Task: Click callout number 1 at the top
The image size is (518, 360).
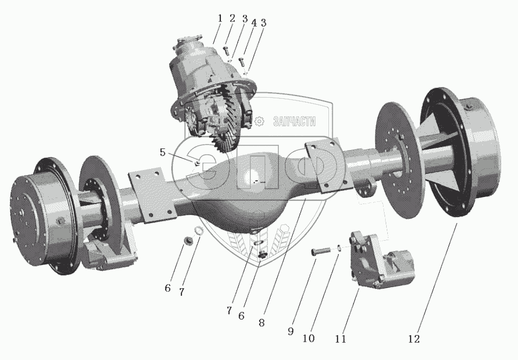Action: (220, 18)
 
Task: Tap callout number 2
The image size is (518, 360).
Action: (232, 18)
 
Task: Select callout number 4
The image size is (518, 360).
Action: (253, 23)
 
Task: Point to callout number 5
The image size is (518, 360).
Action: (163, 152)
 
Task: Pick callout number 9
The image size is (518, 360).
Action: (291, 331)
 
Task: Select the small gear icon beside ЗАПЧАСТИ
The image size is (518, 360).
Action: (259, 121)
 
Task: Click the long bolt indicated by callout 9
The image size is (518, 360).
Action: (321, 251)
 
